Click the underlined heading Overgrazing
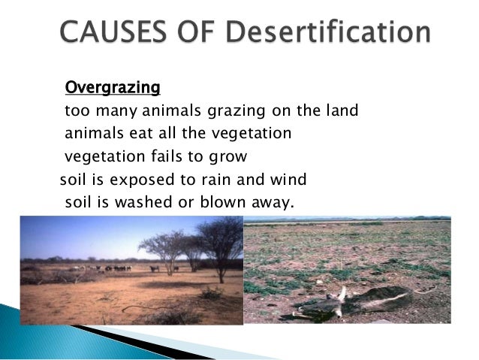click(x=113, y=89)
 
